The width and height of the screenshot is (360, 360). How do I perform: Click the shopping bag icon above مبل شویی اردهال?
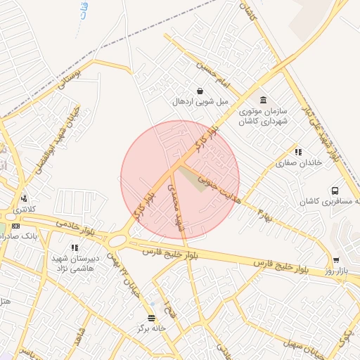pyautogui.click(x=200, y=91)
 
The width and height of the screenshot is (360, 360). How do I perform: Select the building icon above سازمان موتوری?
pyautogui.click(x=263, y=100)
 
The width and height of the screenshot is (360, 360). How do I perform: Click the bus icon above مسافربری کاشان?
pyautogui.click(x=335, y=190)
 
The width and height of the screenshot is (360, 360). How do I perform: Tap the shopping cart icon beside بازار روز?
pyautogui.click(x=336, y=260)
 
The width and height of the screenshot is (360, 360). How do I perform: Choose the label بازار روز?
pyautogui.click(x=337, y=271)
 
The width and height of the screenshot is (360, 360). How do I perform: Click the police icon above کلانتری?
pyautogui.click(x=25, y=199)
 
